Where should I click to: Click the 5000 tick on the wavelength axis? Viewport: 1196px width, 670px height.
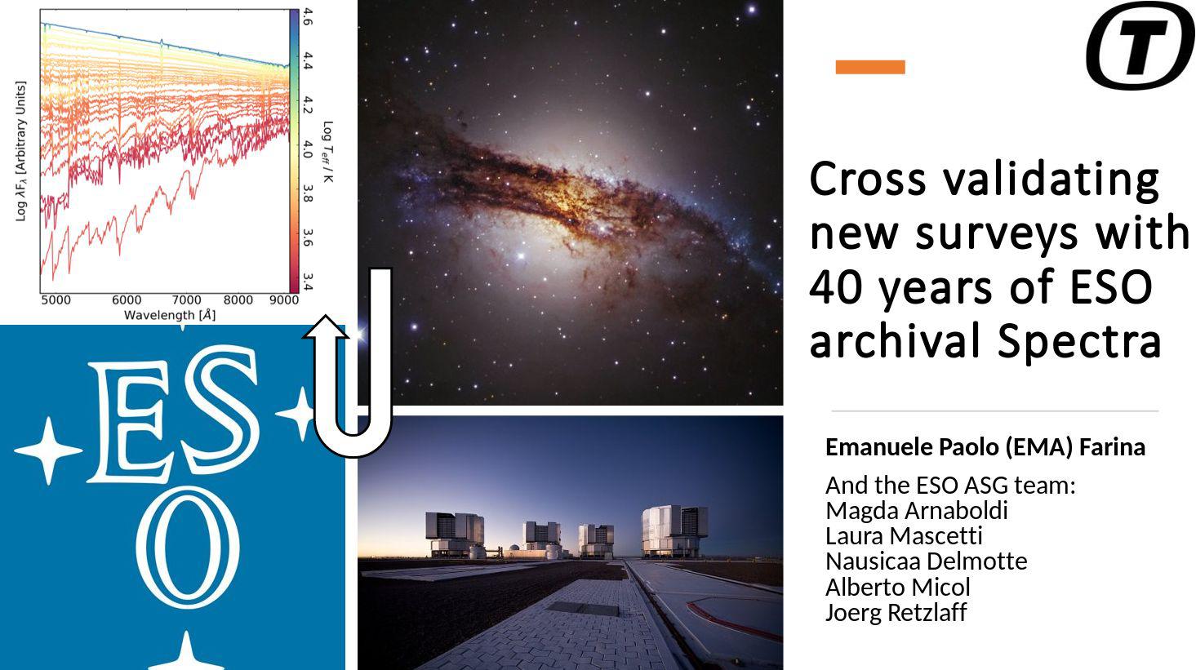click(56, 300)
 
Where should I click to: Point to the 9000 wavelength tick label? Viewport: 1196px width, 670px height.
click(283, 300)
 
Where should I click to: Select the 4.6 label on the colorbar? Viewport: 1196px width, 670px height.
click(308, 17)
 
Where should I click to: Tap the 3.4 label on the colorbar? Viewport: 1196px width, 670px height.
click(308, 282)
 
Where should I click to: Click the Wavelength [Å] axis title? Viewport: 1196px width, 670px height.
click(170, 315)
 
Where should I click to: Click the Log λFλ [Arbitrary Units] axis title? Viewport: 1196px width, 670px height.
click(20, 151)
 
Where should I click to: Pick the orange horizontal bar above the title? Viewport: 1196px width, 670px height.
click(870, 67)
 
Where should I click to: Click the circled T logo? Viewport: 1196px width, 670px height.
click(1140, 45)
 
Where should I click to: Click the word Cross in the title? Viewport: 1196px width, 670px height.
click(868, 179)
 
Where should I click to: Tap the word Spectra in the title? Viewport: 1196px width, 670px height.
click(1079, 342)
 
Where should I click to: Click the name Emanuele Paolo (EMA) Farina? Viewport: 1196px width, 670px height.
click(985, 447)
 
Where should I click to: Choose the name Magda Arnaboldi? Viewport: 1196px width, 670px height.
click(917, 510)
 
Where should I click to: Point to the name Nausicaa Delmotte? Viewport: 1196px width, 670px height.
click(927, 561)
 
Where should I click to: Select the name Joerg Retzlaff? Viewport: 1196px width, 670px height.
click(896, 612)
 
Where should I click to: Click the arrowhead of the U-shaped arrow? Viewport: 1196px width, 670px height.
click(325, 327)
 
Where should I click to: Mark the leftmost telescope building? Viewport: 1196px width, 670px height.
click(455, 534)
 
